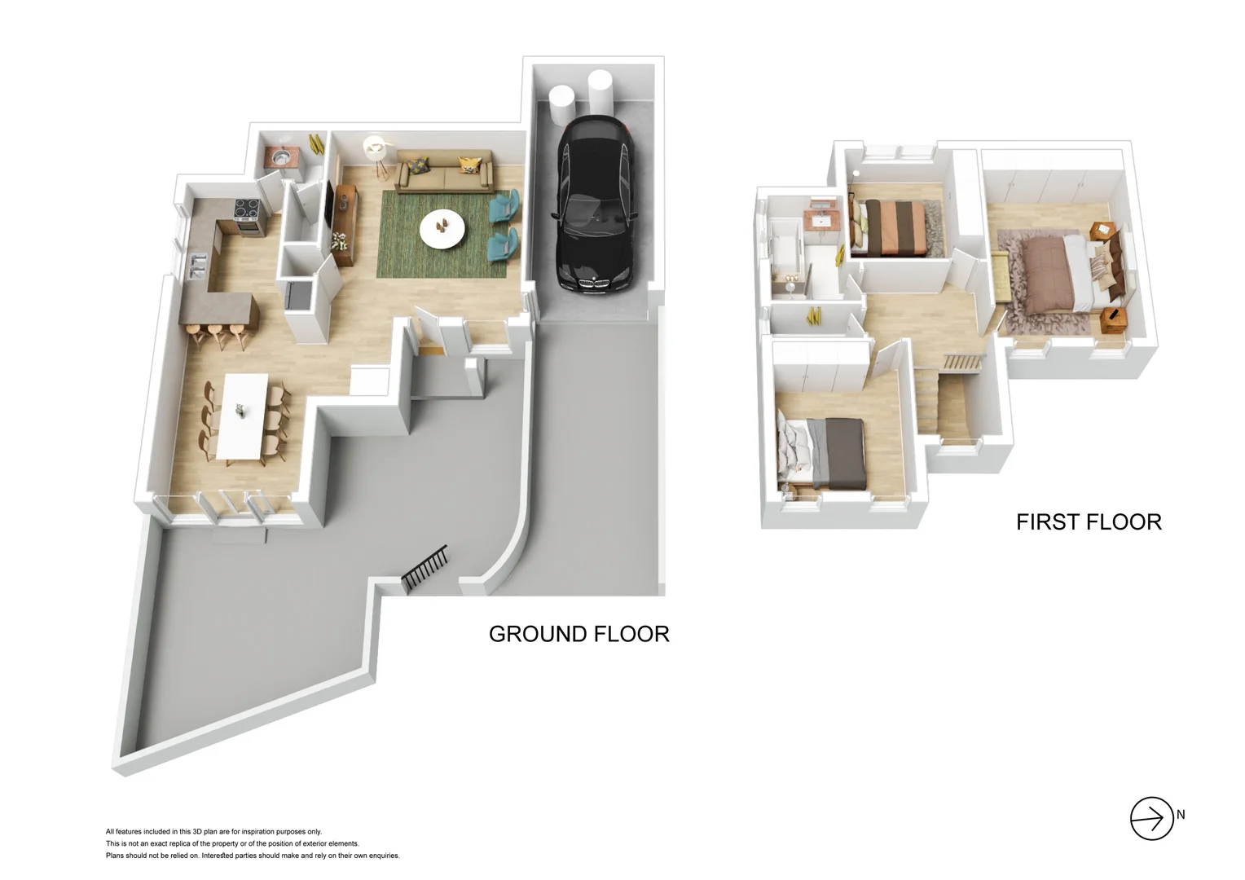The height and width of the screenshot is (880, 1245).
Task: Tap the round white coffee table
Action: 442,229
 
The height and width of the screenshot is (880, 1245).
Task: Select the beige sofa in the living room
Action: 445,172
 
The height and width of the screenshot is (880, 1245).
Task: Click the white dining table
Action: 243,414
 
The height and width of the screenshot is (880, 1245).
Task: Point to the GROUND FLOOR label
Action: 579,634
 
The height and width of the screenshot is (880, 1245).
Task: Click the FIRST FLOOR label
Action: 1088,521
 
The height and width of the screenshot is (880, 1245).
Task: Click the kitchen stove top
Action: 247,211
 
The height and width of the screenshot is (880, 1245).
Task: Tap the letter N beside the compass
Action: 1181,815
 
